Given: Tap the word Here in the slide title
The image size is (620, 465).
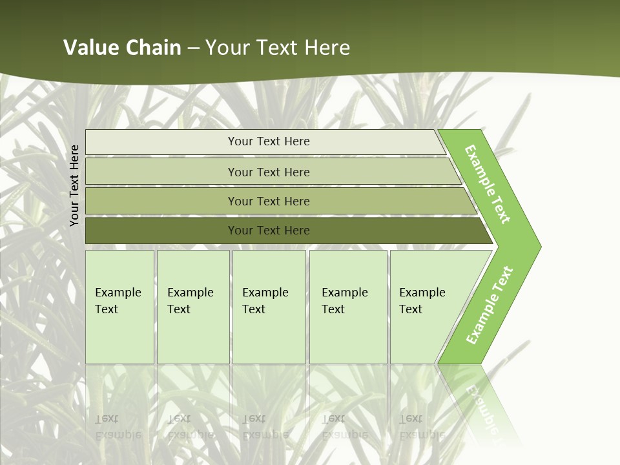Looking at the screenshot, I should (327, 48).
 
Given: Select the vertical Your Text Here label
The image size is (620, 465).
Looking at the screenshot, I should (74, 185).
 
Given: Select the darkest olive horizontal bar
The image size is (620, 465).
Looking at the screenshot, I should (161, 231).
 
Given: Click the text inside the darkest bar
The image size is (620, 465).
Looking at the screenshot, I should (269, 231).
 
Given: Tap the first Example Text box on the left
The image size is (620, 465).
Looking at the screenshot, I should (119, 307).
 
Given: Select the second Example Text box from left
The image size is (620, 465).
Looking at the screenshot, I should (192, 307).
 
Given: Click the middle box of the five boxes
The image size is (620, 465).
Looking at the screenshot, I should (269, 307).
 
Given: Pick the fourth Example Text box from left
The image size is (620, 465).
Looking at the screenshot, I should (347, 307).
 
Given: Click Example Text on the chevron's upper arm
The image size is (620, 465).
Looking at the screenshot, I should (488, 184).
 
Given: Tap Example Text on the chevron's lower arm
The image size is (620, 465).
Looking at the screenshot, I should (489, 305).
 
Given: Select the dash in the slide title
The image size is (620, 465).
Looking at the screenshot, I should (193, 48).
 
